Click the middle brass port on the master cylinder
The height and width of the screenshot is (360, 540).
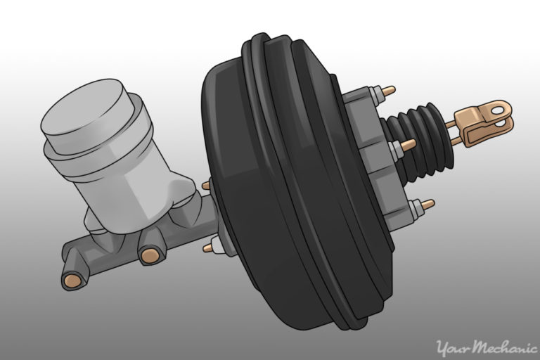click(150, 255)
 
